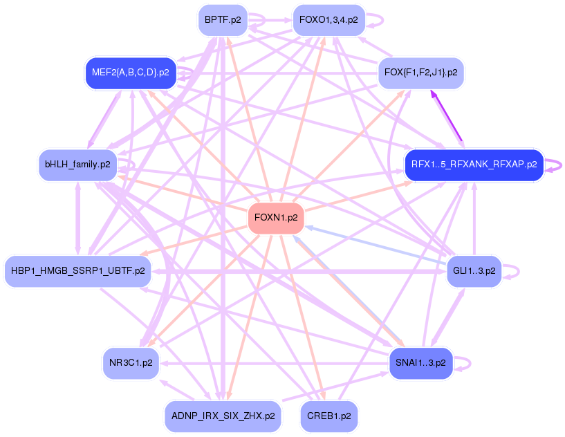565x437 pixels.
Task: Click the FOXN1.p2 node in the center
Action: point(276,218)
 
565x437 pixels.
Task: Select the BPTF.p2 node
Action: point(223,20)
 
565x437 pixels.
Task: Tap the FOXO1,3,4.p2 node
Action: point(328,20)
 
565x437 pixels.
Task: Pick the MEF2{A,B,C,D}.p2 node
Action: point(130,72)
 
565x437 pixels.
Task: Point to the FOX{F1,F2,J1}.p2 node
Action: point(420,72)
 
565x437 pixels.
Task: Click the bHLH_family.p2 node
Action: point(77,165)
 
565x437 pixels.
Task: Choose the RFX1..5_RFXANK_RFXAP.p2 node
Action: point(474,165)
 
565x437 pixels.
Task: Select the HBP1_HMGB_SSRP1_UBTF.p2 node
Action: point(77,270)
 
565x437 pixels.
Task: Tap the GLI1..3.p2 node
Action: point(474,270)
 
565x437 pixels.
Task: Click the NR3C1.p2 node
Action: point(131,362)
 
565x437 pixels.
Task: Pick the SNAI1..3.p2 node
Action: point(420,362)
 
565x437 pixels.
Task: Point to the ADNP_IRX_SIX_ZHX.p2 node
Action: point(223,416)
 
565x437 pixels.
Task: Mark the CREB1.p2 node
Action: point(328,416)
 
